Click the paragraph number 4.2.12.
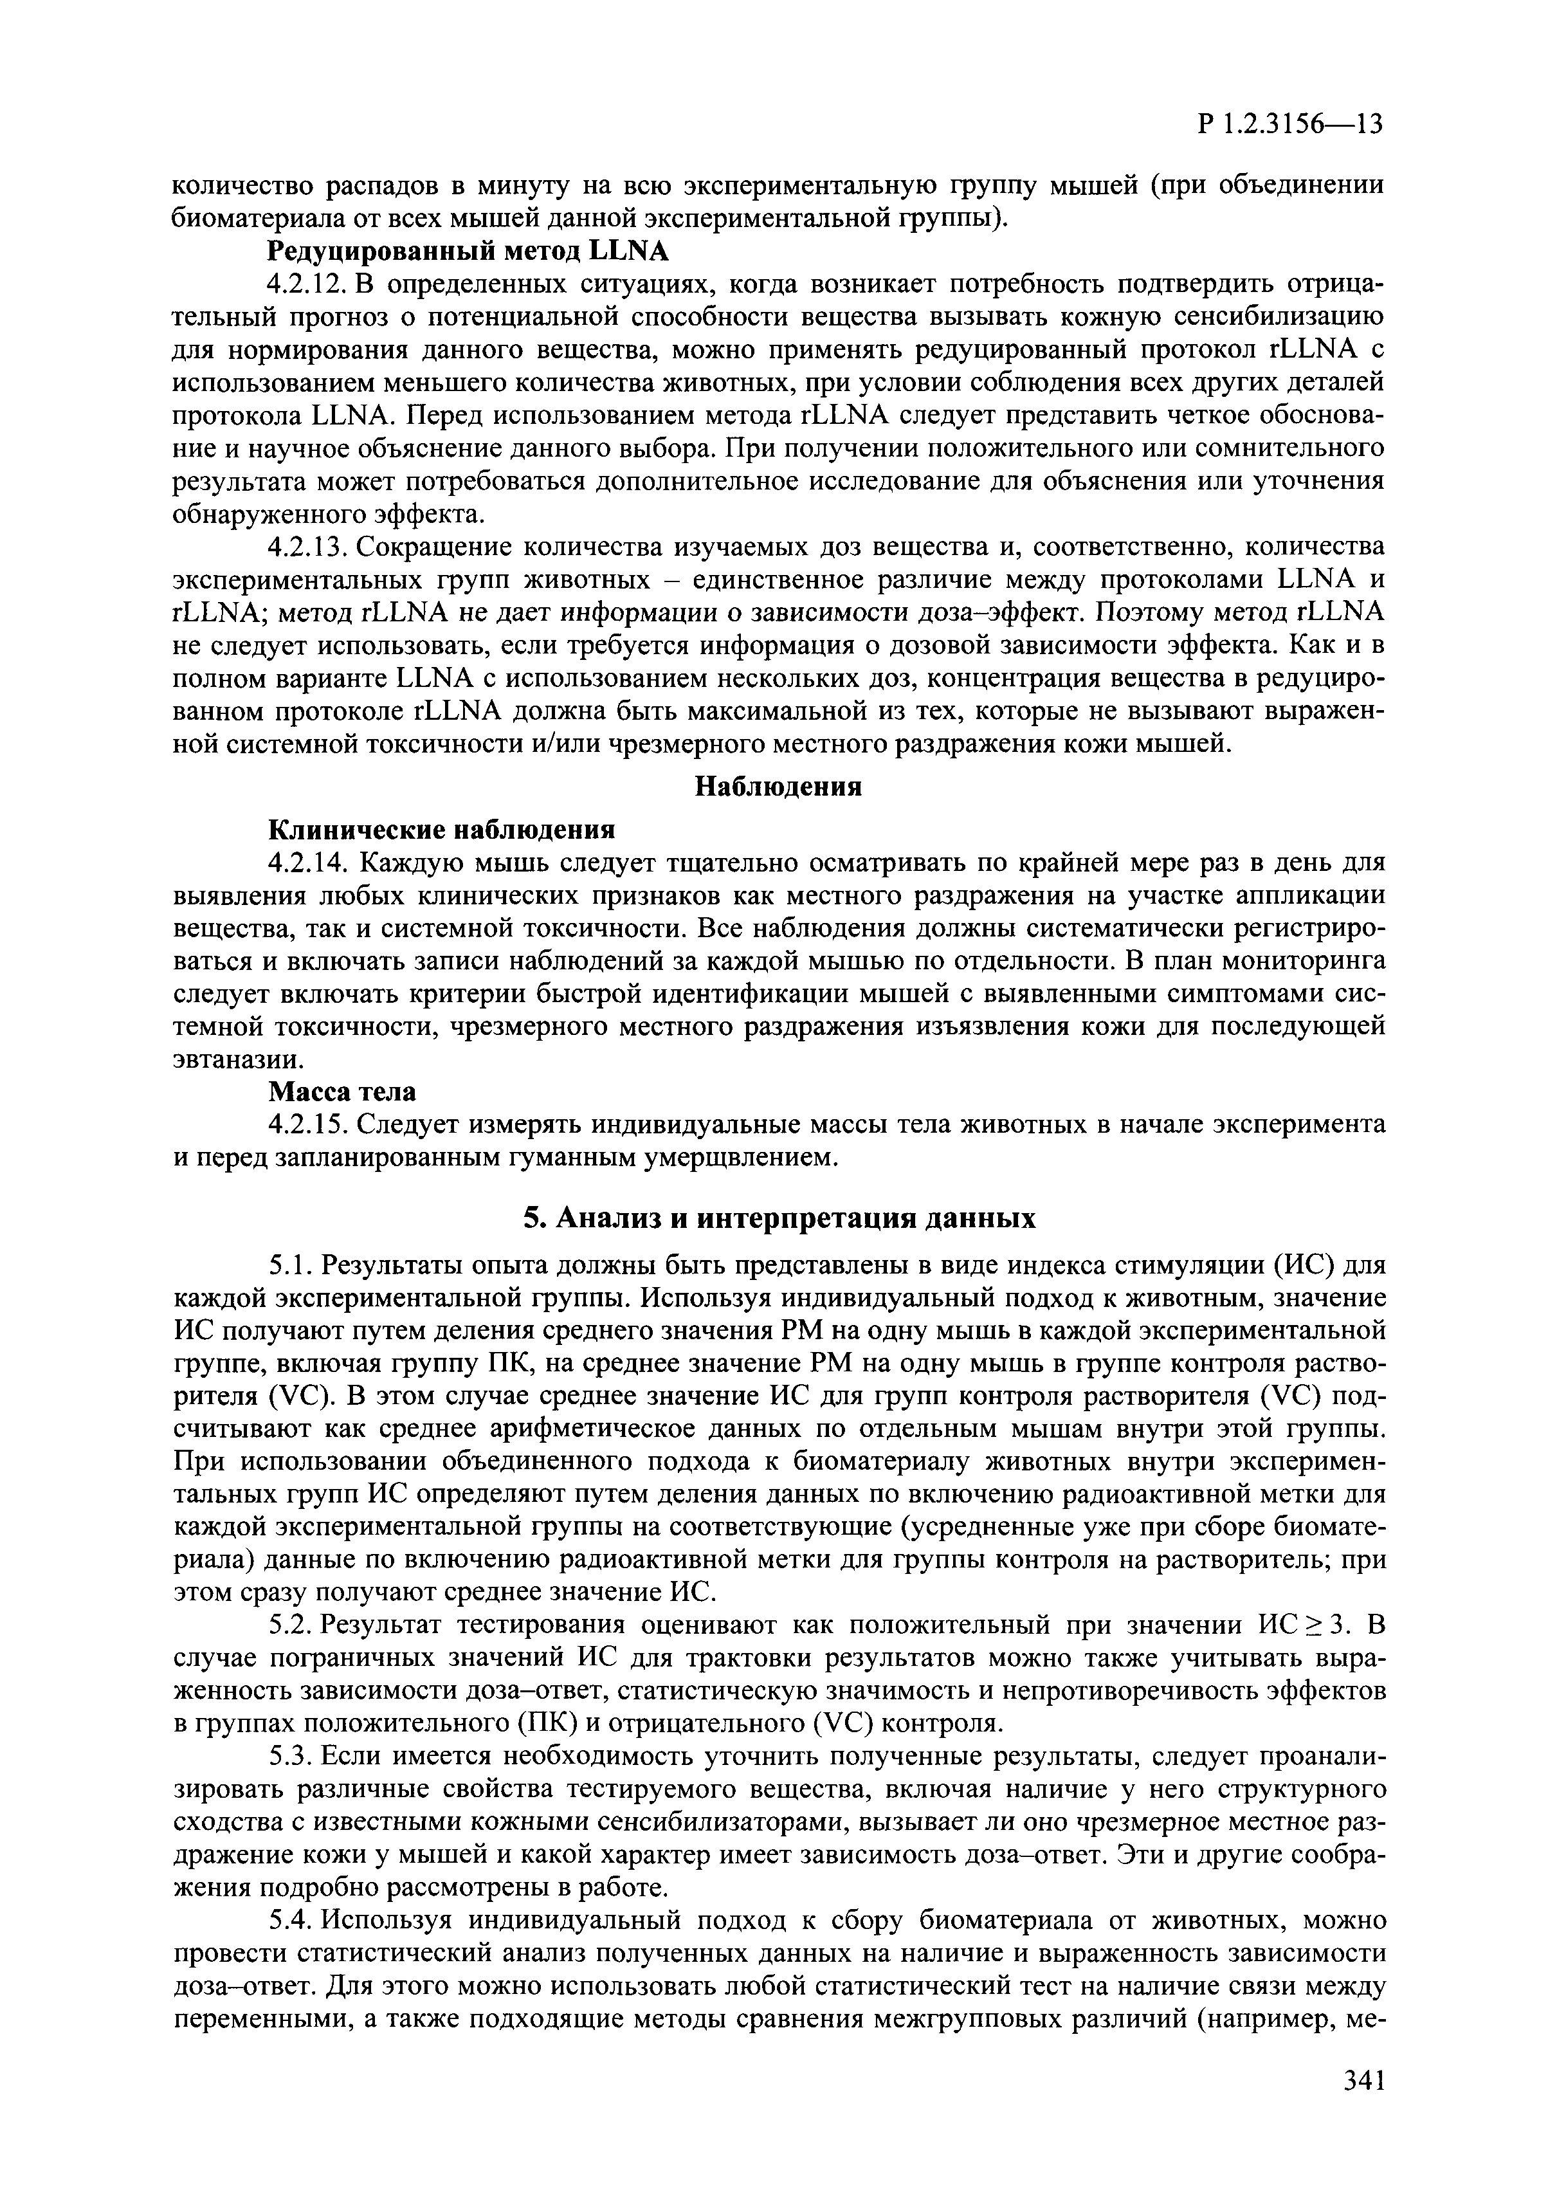[307, 285]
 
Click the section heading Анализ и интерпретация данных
[779, 1218]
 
